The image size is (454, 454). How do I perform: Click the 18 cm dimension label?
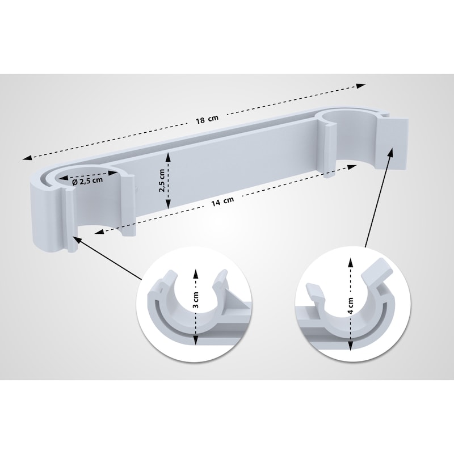[x=207, y=119]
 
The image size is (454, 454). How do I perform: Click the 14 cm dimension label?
[x=222, y=201]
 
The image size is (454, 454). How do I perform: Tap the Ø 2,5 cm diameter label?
[x=87, y=181]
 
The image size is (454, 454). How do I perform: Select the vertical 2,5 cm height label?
[x=162, y=180]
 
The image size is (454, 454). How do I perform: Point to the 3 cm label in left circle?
[x=195, y=300]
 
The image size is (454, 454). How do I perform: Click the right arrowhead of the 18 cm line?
[x=361, y=86]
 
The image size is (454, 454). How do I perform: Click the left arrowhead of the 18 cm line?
[x=27, y=157]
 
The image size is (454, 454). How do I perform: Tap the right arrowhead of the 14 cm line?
[x=352, y=167]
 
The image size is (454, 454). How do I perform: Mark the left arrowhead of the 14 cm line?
[x=99, y=232]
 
